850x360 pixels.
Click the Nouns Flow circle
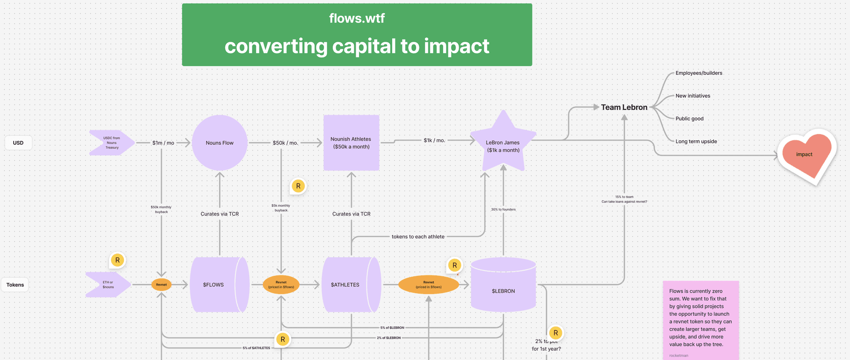coord(220,143)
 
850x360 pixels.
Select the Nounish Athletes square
coord(351,143)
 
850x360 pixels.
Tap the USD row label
coord(18,143)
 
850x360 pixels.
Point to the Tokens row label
coord(15,285)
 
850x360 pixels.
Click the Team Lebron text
coord(624,107)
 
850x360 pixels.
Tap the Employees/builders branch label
coord(699,73)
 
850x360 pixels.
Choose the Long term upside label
coord(696,141)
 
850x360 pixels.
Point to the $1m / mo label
coord(163,143)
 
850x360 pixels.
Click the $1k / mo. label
coord(434,140)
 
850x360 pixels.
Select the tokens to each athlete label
coord(418,236)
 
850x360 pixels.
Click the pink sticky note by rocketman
coord(700,319)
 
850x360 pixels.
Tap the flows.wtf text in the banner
coord(357,18)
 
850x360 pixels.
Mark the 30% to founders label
coord(503,209)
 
